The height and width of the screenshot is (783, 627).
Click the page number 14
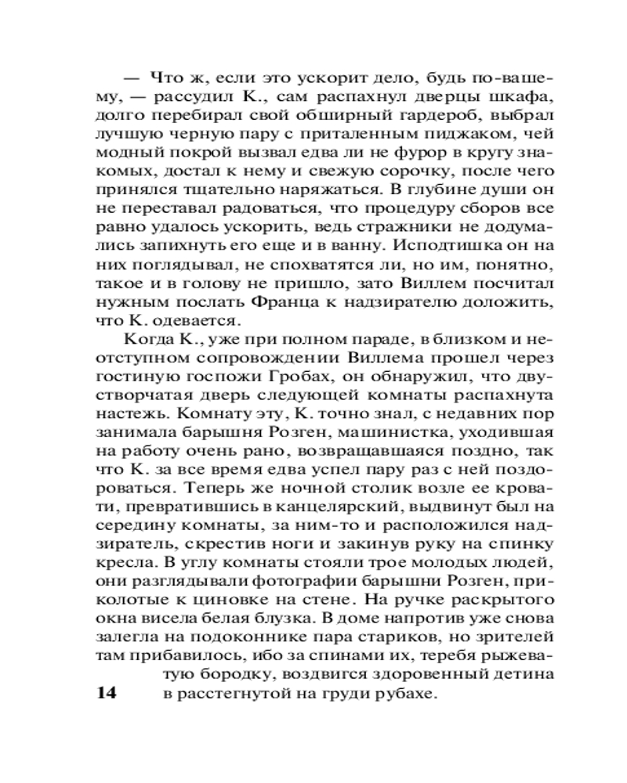[x=106, y=694]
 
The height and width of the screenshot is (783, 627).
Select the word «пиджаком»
[x=474, y=138]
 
